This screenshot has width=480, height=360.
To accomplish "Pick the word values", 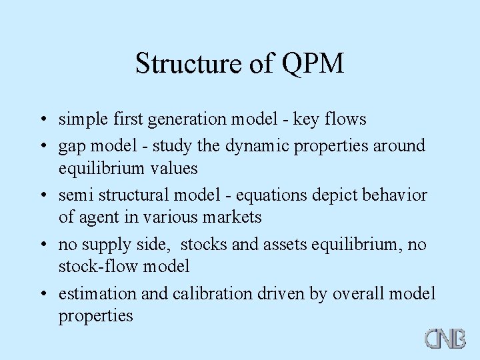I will click(x=176, y=168).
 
